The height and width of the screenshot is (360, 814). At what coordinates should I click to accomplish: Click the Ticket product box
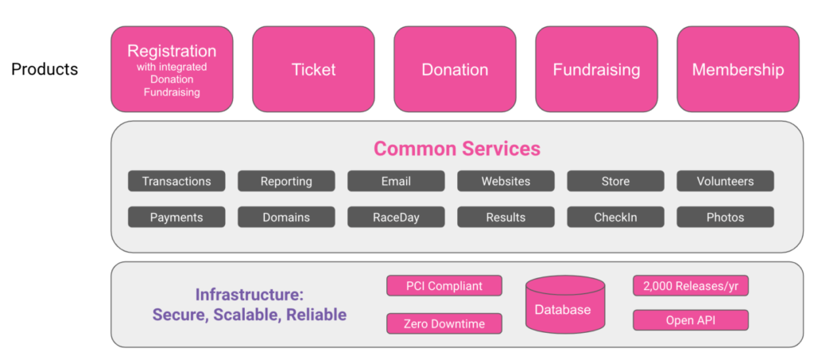[313, 69]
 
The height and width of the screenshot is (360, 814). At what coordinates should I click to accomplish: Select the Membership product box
[738, 69]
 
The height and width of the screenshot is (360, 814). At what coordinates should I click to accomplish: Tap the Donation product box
[455, 69]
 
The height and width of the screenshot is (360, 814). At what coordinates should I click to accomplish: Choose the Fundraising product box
[596, 69]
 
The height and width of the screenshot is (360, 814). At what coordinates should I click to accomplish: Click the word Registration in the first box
[172, 52]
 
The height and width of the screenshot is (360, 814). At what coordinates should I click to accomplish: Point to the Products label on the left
[45, 69]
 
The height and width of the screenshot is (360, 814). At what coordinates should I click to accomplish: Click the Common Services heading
[457, 149]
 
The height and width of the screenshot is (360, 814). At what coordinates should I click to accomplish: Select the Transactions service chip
[176, 181]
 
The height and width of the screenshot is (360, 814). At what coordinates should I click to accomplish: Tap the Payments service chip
[176, 217]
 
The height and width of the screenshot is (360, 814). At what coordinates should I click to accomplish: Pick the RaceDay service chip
[396, 217]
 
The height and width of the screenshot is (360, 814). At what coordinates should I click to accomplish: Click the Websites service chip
[506, 181]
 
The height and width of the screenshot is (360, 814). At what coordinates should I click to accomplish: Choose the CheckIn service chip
[615, 217]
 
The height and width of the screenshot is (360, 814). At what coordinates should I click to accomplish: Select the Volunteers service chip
[725, 181]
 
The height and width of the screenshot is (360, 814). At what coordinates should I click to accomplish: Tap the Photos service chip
[725, 217]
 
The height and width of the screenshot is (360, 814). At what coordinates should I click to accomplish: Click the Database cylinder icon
[565, 304]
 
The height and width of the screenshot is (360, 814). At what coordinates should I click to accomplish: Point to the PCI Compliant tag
[444, 285]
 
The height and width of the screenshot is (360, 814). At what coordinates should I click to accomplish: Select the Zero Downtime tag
[444, 323]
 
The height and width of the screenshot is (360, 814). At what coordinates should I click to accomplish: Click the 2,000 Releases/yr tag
[691, 285]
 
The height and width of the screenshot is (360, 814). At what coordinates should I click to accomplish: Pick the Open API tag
[691, 320]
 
